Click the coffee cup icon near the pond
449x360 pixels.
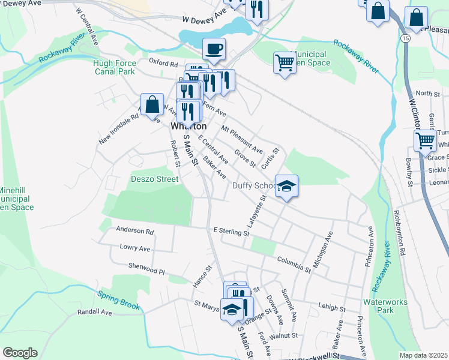pos(214,49)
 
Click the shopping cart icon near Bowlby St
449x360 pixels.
pos(425,140)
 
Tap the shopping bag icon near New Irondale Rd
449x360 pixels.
pos(152,104)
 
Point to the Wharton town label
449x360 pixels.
pos(188,127)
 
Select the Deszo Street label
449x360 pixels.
pos(155,178)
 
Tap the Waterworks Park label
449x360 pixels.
pos(378,306)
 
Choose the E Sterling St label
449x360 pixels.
pos(231,230)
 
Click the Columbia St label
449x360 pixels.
pos(294,264)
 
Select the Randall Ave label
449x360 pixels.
pos(95,312)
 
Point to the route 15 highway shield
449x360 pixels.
pos(406,38)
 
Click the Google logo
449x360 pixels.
pos(20,353)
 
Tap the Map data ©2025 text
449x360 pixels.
pos(423,355)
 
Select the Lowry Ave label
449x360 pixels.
pos(134,247)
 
